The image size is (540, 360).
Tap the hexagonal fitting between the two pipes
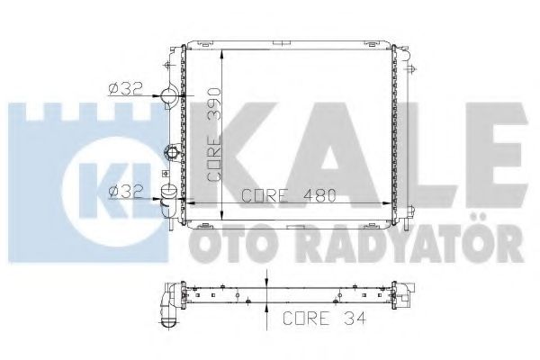pyautogui.click(x=168, y=149)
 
